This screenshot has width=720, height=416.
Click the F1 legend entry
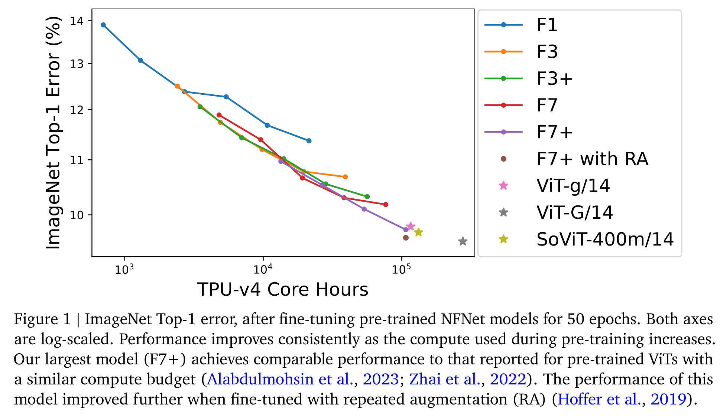547,25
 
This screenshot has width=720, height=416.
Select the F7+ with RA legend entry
592,159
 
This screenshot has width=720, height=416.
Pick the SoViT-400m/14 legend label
605,239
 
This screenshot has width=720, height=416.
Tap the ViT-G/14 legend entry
574,212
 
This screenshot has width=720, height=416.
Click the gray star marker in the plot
463,241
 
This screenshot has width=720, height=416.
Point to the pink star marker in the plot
411,226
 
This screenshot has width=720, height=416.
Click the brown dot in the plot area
406,238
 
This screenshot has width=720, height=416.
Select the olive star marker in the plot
418,232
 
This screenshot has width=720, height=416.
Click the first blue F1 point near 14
103,25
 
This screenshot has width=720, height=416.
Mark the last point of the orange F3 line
345,177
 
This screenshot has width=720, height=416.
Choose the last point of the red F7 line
386,205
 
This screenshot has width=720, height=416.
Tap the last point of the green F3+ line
367,196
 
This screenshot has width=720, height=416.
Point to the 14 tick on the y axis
77,21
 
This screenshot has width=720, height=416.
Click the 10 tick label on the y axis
77,215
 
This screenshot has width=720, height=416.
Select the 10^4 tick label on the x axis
262,269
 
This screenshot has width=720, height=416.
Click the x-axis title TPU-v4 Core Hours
282,289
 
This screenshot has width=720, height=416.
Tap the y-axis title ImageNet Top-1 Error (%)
53,133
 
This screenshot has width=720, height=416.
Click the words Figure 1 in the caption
42,319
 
